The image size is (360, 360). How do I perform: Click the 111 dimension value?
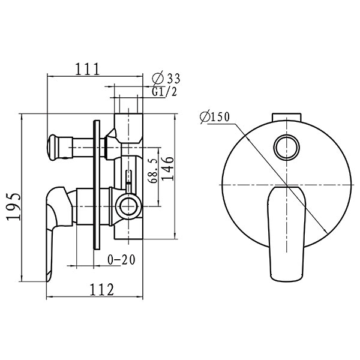click(x=88, y=68)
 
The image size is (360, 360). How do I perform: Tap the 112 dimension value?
click(x=101, y=290)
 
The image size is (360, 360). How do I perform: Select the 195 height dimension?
click(x=14, y=206)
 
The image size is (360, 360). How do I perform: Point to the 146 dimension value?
click(x=168, y=169)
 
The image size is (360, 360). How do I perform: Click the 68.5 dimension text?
click(x=154, y=170)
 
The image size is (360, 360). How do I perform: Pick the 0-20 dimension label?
click(x=121, y=260)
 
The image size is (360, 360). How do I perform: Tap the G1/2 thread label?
click(x=164, y=92)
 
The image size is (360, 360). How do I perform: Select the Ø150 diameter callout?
click(x=214, y=117)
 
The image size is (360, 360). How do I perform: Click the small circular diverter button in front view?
click(x=287, y=148)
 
